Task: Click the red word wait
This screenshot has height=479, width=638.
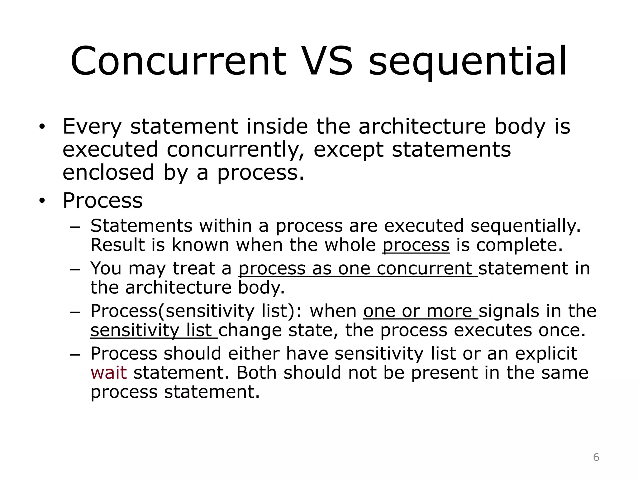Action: pos(108,373)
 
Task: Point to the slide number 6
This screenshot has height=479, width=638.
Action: pos(596,457)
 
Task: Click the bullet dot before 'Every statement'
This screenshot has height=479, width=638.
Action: pos(42,127)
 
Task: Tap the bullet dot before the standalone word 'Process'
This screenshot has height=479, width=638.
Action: pos(42,201)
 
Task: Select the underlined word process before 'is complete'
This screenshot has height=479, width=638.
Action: pos(416,245)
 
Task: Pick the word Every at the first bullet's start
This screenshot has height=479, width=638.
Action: pos(92,127)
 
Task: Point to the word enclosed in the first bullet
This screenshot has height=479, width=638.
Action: pos(108,172)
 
